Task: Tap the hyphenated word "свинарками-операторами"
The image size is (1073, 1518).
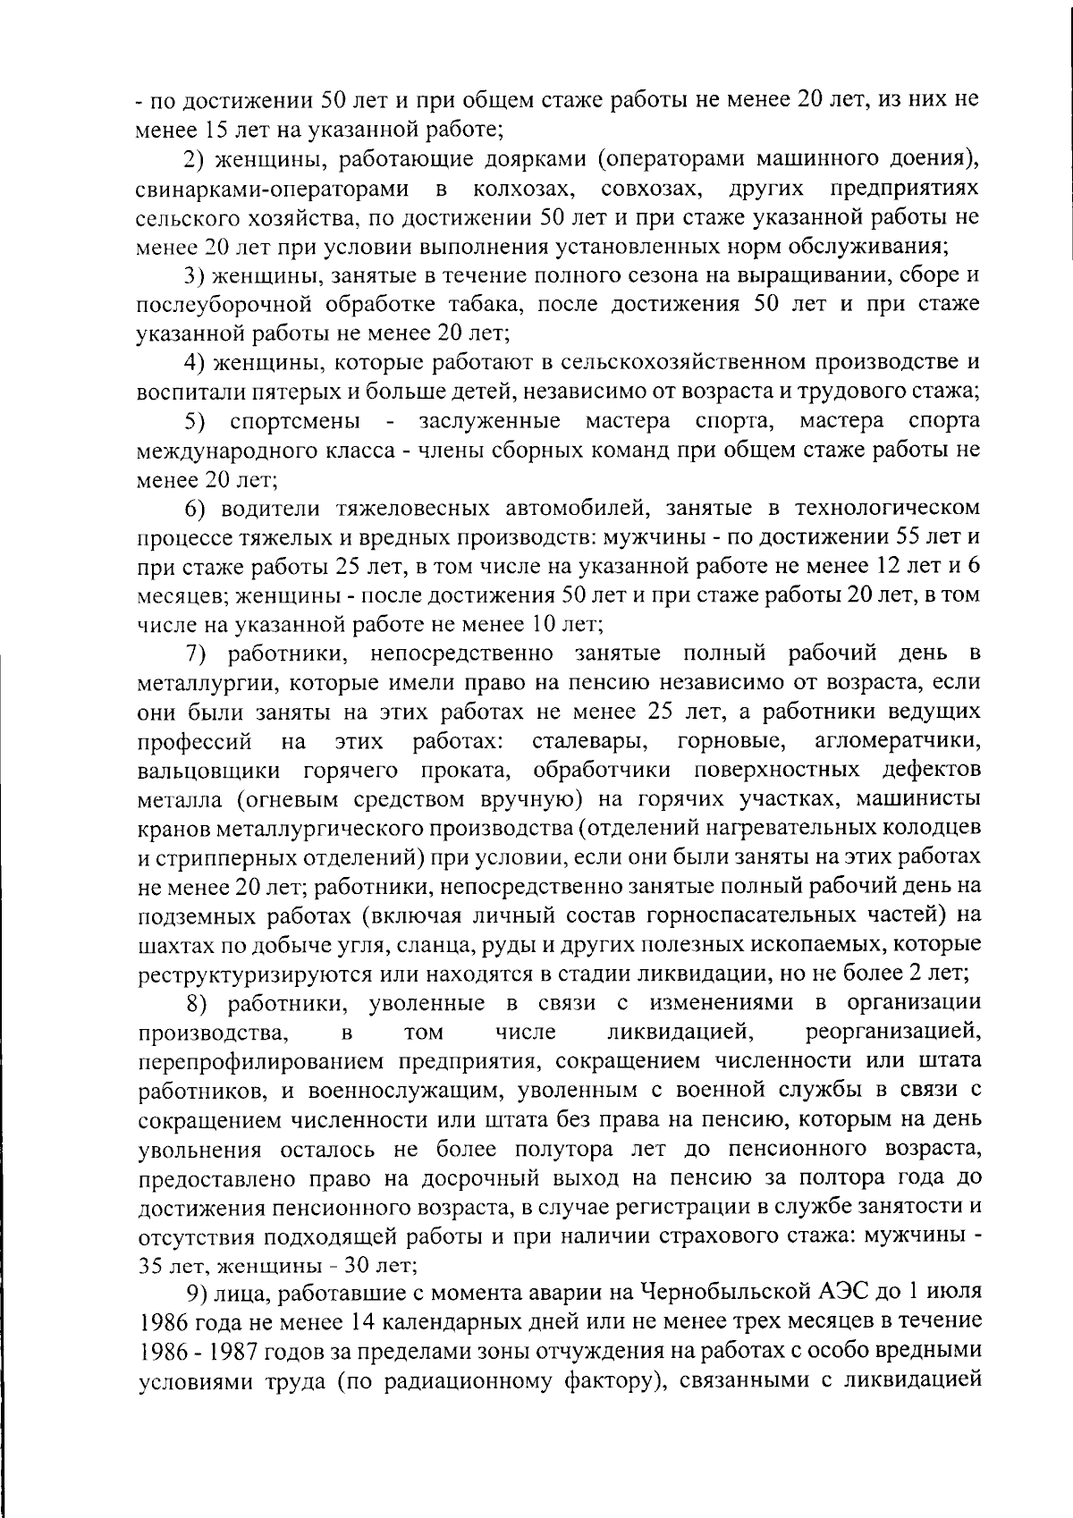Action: [273, 190]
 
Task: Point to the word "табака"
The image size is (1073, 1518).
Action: [478, 305]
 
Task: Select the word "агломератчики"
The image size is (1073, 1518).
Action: [899, 741]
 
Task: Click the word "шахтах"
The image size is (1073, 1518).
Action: [170, 944]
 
